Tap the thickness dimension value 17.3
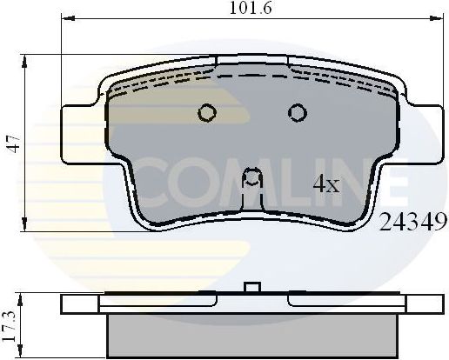point(11,321)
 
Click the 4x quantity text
point(326,184)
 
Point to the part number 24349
point(412,221)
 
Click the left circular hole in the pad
point(207,112)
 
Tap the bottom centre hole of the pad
point(252,178)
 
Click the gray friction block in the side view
point(251,336)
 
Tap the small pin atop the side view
point(252,288)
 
